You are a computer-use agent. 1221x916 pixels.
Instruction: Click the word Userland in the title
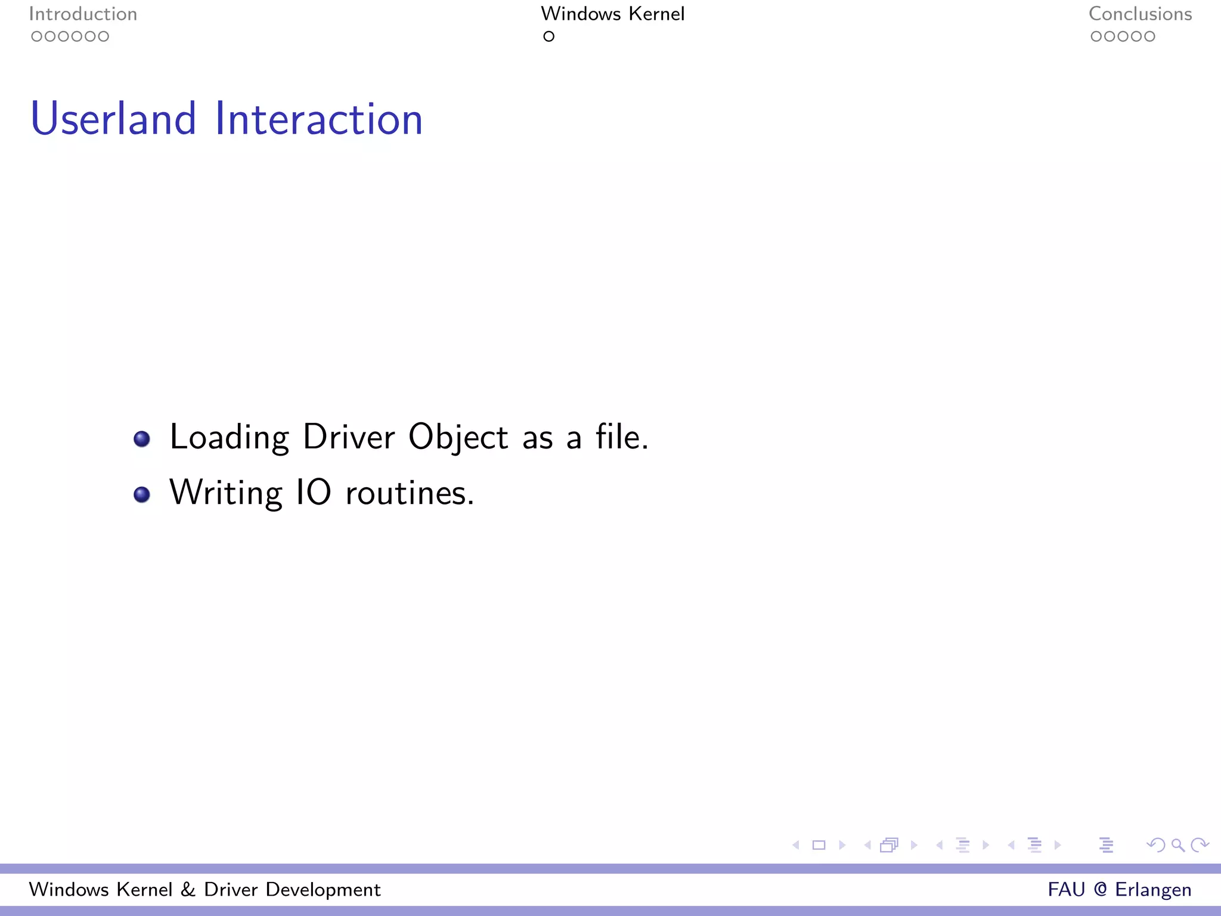coord(113,119)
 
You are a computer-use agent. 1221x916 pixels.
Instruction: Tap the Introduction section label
coord(83,14)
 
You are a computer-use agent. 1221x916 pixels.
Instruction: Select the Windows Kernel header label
coord(612,14)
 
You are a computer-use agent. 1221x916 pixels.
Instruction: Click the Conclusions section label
coord(1140,14)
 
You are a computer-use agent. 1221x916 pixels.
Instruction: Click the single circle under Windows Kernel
coord(548,36)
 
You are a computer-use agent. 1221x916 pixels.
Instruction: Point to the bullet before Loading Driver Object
coord(142,439)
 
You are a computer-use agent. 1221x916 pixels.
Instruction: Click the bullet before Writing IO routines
coord(142,494)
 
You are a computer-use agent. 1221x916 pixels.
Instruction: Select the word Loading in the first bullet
coord(229,438)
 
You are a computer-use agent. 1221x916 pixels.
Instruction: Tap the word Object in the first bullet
coord(458,438)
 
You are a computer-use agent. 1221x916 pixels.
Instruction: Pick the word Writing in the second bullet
coord(225,493)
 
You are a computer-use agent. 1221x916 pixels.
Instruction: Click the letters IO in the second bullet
coord(314,493)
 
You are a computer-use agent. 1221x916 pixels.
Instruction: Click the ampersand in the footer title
coord(188,889)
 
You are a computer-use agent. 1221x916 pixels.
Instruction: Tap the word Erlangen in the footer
coord(1153,890)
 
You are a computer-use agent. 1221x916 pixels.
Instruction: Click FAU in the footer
coord(1067,889)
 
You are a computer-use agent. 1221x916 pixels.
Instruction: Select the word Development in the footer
coord(323,890)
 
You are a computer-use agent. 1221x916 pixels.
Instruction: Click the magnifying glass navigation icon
coord(1177,845)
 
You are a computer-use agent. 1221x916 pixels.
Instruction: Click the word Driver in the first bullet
coord(349,437)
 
